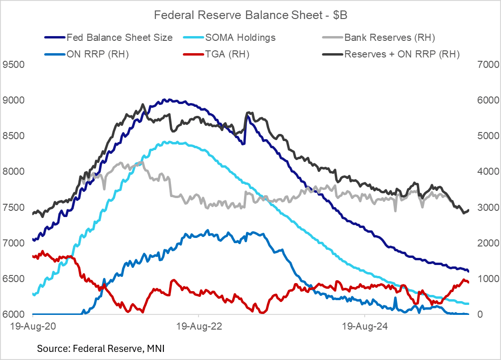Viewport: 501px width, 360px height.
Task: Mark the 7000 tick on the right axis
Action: click(x=485, y=64)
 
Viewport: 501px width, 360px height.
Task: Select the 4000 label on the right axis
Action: click(x=485, y=171)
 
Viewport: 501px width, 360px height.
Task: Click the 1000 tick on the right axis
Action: click(x=485, y=279)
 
